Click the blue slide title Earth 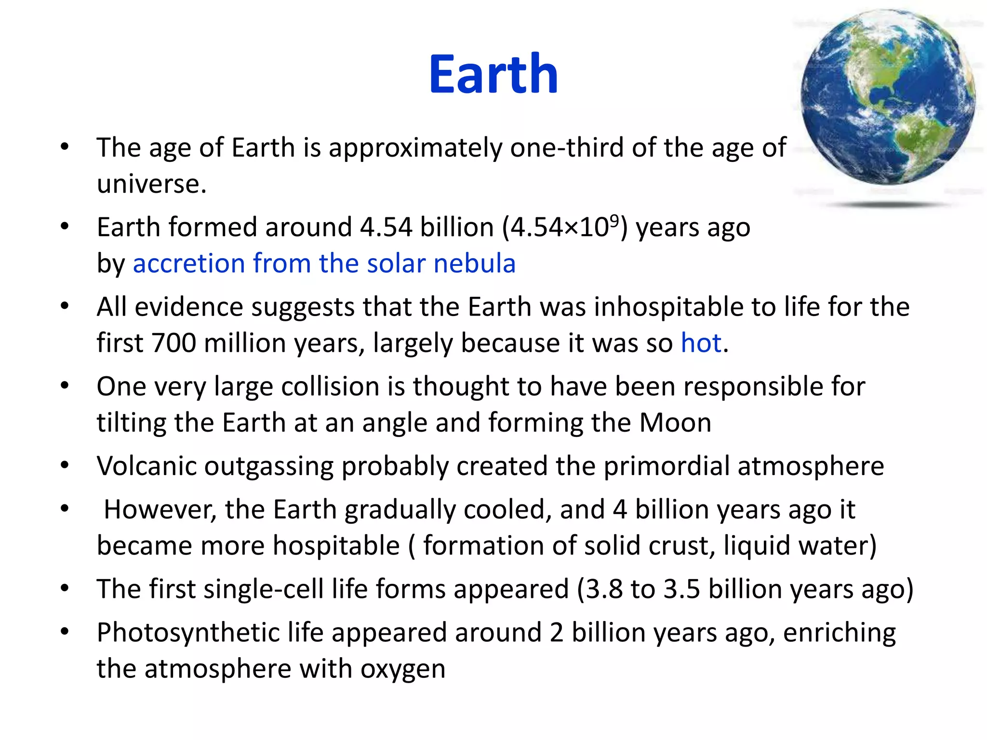point(493,74)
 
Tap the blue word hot point(701,343)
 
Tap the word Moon point(675,423)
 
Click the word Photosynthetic point(188,633)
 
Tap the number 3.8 point(604,589)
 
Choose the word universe point(151,184)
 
